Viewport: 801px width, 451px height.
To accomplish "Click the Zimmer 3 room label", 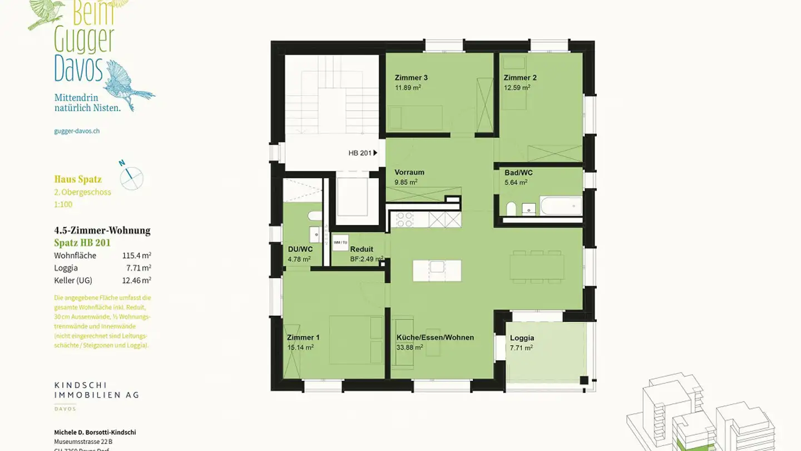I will [411, 77].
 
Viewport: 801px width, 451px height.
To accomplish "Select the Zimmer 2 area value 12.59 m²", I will [517, 87].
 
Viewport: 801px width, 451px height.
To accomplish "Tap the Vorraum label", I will [409, 172].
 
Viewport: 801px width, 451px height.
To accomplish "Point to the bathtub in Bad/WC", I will [561, 206].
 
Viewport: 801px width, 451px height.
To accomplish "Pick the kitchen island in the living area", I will [437, 270].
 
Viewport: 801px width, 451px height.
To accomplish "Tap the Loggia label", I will [522, 338].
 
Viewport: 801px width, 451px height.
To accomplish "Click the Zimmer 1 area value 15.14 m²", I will [300, 347].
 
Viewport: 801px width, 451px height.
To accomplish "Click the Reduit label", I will [362, 249].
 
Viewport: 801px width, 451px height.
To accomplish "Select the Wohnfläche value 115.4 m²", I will [136, 256].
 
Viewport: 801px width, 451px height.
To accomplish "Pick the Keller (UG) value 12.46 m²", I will [136, 280].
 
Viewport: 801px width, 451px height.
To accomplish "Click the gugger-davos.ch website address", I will [77, 131].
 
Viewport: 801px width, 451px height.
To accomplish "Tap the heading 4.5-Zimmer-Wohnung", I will [102, 231].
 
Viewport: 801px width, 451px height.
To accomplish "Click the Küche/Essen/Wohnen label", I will [435, 337].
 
